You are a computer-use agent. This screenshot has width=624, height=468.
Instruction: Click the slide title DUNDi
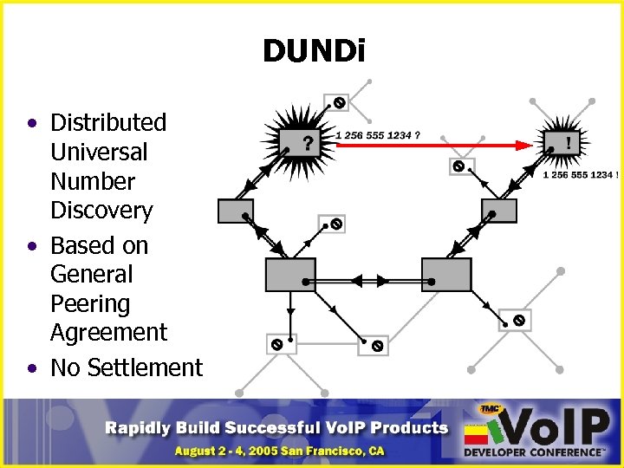(315, 52)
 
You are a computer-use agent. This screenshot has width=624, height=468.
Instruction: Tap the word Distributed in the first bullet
(107, 123)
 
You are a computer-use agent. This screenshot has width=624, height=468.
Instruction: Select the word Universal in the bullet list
(99, 152)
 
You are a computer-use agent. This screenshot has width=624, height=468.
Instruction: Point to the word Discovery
(101, 211)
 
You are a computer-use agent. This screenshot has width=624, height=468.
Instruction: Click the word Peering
(90, 304)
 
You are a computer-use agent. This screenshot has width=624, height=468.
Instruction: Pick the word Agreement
(108, 333)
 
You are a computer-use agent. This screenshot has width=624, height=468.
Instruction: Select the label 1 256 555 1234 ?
(379, 135)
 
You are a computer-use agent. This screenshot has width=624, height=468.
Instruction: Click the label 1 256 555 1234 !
(581, 174)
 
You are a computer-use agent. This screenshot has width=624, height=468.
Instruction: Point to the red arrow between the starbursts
(433, 146)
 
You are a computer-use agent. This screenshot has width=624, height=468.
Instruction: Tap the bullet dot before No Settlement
(32, 368)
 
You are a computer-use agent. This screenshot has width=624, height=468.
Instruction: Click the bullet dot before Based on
(32, 247)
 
